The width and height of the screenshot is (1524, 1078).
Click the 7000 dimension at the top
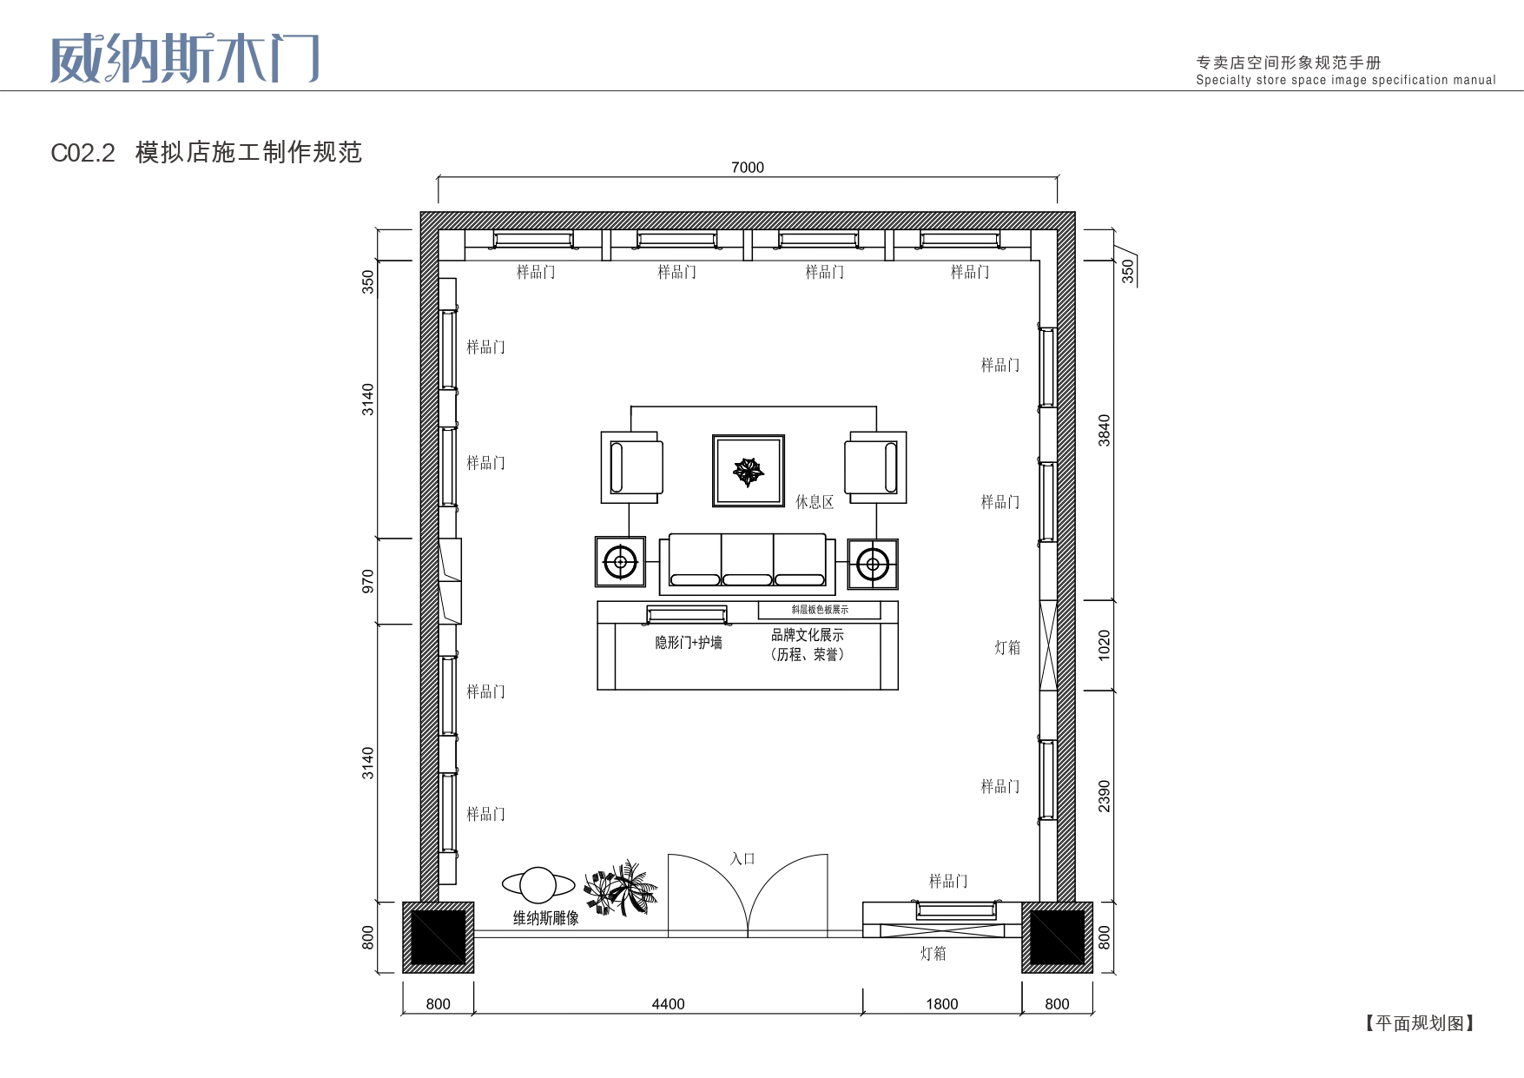tap(748, 168)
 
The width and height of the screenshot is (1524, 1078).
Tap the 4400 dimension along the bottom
tap(668, 1004)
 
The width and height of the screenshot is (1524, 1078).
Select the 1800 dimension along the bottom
tap(942, 1004)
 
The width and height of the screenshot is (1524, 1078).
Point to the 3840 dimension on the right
tap(1105, 431)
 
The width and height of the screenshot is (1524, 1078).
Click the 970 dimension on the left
tap(368, 582)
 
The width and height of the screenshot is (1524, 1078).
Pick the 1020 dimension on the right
tap(1105, 645)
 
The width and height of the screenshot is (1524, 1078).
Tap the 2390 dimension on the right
tap(1105, 797)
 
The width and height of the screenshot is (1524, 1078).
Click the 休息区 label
tap(815, 502)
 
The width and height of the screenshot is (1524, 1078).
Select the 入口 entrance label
tap(742, 859)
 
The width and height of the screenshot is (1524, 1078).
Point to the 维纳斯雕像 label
tap(545, 918)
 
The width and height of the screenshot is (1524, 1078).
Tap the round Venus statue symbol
tap(538, 885)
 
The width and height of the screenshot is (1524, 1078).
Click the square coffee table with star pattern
tap(749, 471)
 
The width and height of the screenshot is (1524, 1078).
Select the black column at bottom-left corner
tap(439, 937)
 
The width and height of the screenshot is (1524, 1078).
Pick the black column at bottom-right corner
tap(1057, 937)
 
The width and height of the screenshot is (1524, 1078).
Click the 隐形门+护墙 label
tap(689, 643)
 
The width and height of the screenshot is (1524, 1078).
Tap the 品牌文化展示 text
tap(808, 635)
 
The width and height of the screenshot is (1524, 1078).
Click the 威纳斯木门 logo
tap(185, 59)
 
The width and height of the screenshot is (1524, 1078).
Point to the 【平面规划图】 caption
tap(1420, 1023)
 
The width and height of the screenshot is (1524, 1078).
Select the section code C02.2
tap(83, 153)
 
